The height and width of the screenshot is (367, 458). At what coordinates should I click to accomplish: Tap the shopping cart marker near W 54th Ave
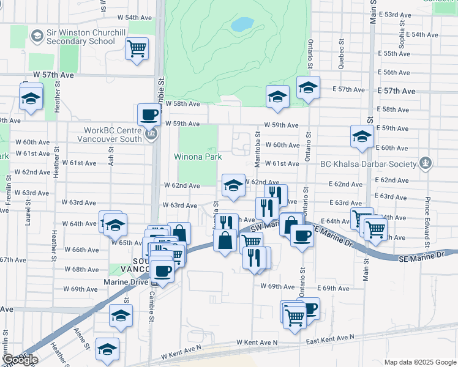pyautogui.click(x=137, y=48)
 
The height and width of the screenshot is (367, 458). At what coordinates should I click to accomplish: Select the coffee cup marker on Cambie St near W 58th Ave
pyautogui.click(x=149, y=114)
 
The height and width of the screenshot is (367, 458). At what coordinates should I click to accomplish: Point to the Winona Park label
pyautogui.click(x=198, y=157)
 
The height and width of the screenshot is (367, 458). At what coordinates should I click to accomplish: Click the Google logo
pyautogui.click(x=20, y=360)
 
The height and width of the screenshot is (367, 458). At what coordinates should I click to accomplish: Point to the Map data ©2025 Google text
pyautogui.click(x=420, y=362)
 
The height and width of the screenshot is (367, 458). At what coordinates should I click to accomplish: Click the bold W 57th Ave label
pyautogui.click(x=54, y=74)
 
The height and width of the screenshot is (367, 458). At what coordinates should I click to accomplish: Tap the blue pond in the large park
pyautogui.click(x=242, y=24)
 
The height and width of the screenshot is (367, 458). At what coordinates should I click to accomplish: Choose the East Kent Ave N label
pyautogui.click(x=331, y=338)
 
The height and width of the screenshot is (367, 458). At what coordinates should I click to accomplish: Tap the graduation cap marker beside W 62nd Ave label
pyautogui.click(x=233, y=186)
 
